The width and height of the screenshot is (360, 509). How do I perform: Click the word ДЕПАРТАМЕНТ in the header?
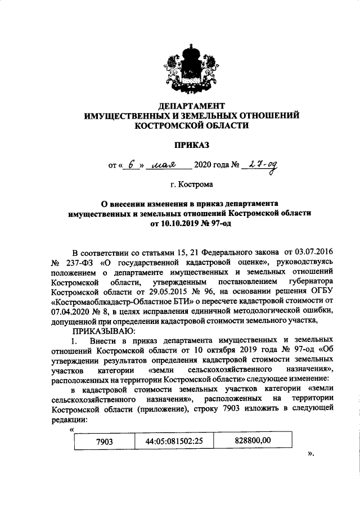[191, 106]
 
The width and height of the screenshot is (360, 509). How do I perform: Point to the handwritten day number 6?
[132, 165]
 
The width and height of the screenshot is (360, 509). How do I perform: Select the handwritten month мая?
[165, 165]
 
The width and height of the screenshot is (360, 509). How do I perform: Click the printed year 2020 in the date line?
[204, 165]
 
